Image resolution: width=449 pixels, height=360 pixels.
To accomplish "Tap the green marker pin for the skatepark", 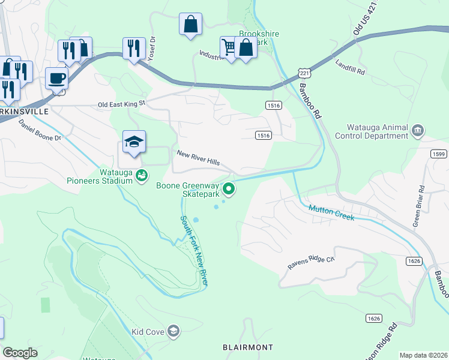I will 229,190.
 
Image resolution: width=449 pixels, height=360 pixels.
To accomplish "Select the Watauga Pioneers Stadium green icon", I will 141,176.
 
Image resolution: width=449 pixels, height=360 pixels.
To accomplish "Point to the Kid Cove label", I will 147,331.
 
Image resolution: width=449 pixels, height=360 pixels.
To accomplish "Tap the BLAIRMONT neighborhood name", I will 247,347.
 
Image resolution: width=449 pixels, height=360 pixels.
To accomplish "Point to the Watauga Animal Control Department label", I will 378,131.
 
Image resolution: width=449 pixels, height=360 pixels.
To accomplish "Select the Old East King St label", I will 122,104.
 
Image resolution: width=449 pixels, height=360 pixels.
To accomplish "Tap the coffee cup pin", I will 57,79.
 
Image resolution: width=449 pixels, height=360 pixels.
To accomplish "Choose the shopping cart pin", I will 229,46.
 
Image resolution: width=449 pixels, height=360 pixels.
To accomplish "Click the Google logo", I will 20,353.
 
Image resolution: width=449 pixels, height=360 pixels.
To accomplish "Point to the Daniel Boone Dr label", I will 40,130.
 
